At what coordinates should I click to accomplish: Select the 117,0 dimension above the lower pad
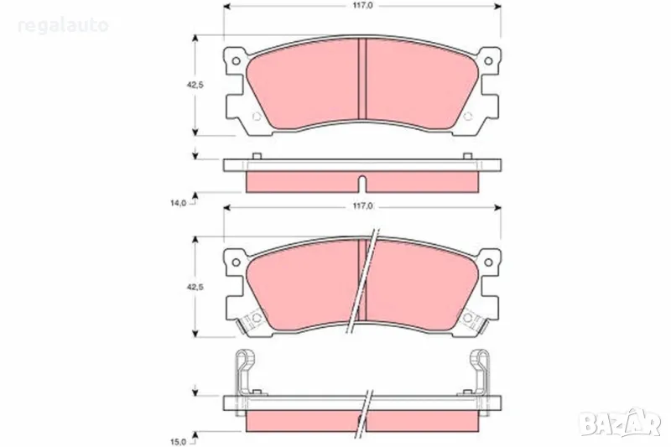pyautogui.click(x=362, y=205)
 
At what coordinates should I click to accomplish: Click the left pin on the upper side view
pyautogui.click(x=254, y=155)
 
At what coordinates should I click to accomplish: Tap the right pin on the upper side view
pyautogui.click(x=468, y=155)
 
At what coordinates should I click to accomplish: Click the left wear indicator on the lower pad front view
pyautogui.click(x=249, y=320)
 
